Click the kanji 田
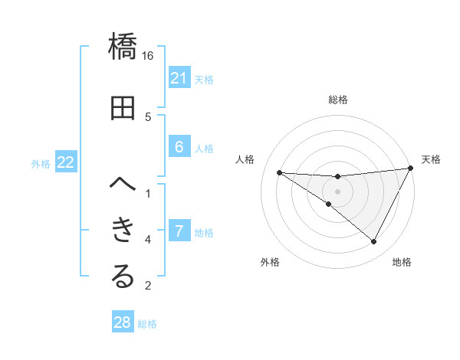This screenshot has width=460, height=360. [x=123, y=108]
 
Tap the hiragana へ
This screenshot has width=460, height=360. [x=123, y=184]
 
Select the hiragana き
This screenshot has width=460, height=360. [x=123, y=230]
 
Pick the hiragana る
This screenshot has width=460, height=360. [x=123, y=277]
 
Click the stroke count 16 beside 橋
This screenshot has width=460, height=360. [x=148, y=56]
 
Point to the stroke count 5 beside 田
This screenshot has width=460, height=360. [x=148, y=116]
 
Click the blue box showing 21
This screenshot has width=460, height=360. [x=179, y=78]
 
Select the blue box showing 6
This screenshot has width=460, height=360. [x=179, y=147]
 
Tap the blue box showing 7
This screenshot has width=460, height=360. [x=179, y=231]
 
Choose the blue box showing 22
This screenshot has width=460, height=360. [x=66, y=162]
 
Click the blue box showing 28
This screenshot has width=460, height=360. [x=123, y=322]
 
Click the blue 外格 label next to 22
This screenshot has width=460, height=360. [x=41, y=163]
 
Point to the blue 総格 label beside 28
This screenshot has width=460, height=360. [x=147, y=324]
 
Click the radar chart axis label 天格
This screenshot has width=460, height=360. [x=431, y=159]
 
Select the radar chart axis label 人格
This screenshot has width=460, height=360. [x=245, y=159]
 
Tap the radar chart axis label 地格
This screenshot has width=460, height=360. [x=402, y=262]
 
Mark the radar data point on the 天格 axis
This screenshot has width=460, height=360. [x=411, y=169]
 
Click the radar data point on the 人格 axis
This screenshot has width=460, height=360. [x=279, y=172]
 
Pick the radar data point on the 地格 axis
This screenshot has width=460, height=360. [x=374, y=242]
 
